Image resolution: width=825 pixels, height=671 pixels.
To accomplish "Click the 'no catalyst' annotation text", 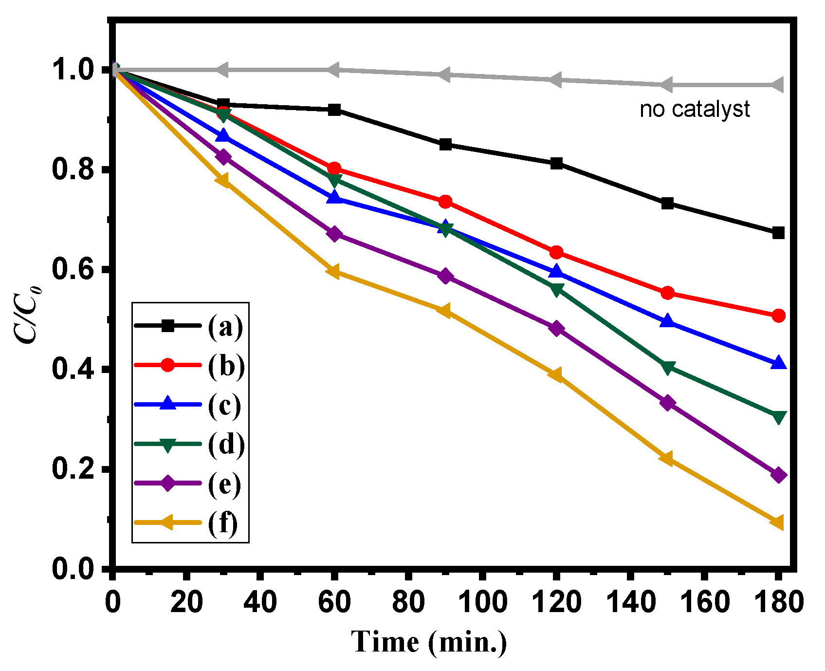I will tap(695, 110).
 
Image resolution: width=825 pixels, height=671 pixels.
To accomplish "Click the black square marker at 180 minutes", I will tap(778, 233).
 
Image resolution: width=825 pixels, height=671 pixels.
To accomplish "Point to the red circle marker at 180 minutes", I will tap(778, 316).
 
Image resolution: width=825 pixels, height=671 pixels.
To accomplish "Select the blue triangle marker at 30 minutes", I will tap(223, 136).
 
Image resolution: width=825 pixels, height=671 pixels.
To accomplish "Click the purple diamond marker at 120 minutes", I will tap(556, 329).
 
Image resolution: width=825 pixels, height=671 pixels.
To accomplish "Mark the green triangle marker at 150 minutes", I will tap(668, 368).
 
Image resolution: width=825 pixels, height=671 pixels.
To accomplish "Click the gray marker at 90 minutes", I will tap(444, 75).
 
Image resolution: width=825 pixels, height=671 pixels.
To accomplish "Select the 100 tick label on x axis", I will tap(482, 602).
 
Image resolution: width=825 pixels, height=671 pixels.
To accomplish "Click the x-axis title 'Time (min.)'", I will tap(429, 642).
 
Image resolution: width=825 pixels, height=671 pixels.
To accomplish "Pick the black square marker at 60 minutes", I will tap(334, 110).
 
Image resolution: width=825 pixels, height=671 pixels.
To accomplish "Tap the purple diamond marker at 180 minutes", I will tap(778, 475).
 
